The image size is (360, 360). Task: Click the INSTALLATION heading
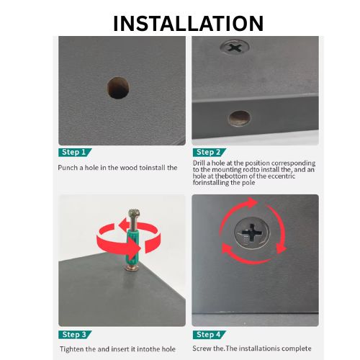[188, 23]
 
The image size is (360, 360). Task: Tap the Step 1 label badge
[75, 153]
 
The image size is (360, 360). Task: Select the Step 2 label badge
[210, 153]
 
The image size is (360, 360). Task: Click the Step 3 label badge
[75, 335]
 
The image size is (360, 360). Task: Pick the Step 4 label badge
[210, 335]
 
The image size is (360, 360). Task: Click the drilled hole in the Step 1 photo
[118, 88]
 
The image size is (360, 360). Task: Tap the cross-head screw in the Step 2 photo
[235, 48]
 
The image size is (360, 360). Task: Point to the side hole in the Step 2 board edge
[239, 118]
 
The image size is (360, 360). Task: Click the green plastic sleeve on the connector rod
[131, 246]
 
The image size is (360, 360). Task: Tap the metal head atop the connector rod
[133, 214]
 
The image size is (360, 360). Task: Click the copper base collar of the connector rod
[132, 267]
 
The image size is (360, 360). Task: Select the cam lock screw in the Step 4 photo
[252, 233]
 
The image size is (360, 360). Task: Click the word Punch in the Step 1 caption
[68, 168]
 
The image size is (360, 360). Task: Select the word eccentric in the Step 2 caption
[282, 176]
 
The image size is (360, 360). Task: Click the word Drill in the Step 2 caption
[199, 163]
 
